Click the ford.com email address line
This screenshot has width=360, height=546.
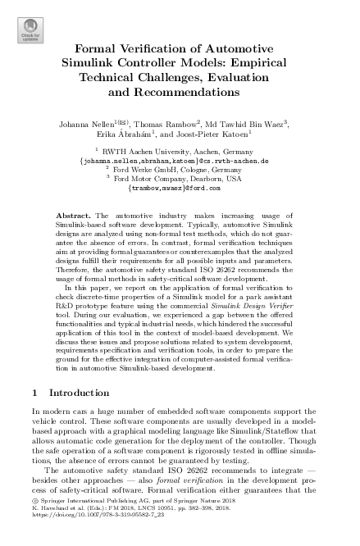click(x=179, y=189)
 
